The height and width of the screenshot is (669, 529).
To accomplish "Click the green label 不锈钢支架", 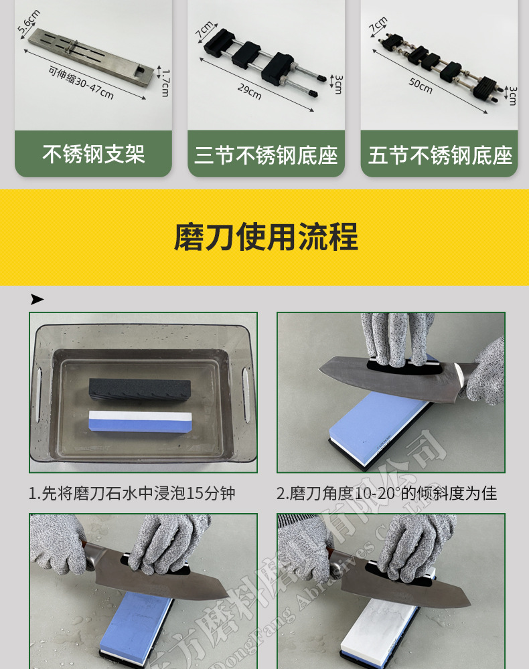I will pos(93,155).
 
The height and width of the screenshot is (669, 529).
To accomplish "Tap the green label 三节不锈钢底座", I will pos(266,156).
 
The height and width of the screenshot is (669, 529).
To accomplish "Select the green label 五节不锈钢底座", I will pos(439,156).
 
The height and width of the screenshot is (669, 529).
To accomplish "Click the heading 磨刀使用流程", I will pos(266,237).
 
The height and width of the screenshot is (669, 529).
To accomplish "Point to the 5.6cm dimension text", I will pos(29,22).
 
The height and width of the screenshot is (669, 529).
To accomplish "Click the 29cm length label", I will pos(249,92).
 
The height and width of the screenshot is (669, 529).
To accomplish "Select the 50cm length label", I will pos(421,86).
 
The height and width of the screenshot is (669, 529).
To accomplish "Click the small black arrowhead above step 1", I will pos(37,299).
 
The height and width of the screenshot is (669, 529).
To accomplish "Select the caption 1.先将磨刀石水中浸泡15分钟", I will pos(132,494).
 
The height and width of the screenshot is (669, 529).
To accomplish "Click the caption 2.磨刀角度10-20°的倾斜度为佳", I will pos(387,494).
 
